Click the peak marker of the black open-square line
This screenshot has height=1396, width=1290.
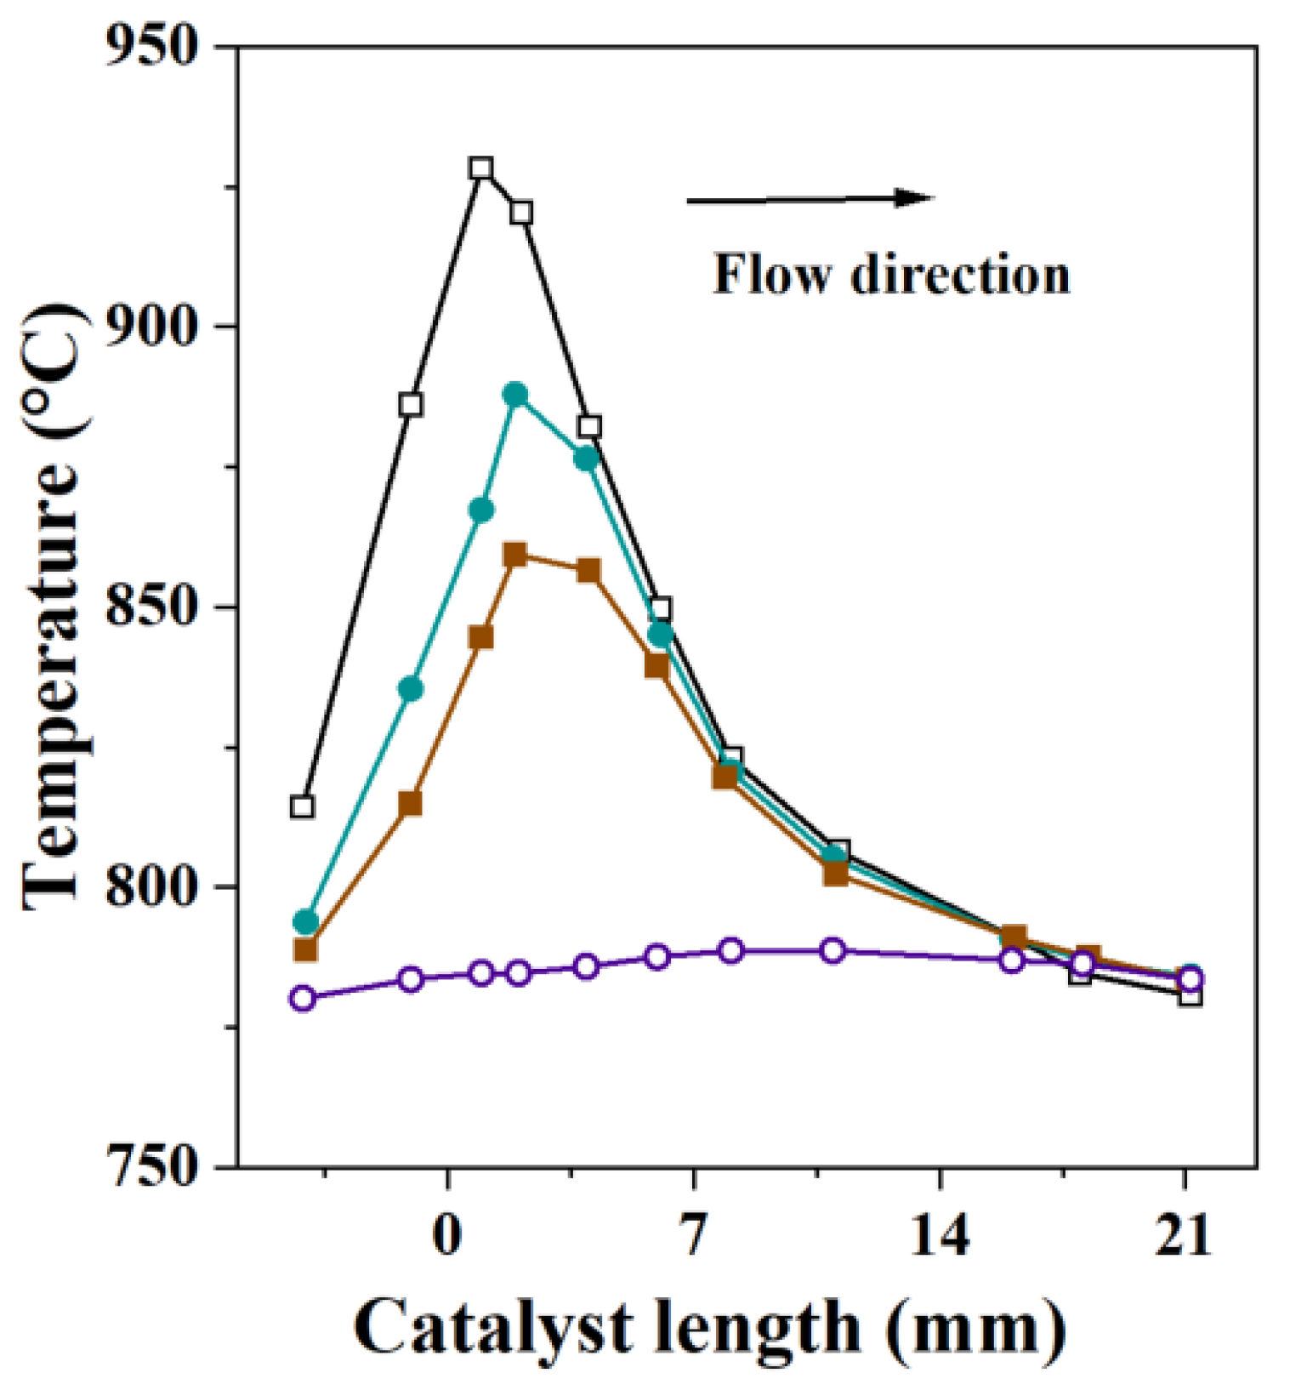(x=481, y=168)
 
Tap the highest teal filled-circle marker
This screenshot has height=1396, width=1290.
(x=515, y=395)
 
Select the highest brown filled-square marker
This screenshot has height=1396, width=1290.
(x=514, y=556)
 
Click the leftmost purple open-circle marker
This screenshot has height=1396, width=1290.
(x=302, y=998)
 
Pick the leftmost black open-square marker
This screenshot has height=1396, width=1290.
(x=302, y=806)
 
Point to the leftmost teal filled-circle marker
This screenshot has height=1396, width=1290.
(x=305, y=922)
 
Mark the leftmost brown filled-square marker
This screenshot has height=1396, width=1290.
(x=305, y=949)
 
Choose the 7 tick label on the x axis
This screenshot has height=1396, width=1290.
(x=693, y=1235)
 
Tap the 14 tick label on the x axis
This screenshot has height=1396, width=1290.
(x=939, y=1235)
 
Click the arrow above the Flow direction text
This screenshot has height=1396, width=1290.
(x=808, y=199)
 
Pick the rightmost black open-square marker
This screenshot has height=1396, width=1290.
(x=1191, y=994)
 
